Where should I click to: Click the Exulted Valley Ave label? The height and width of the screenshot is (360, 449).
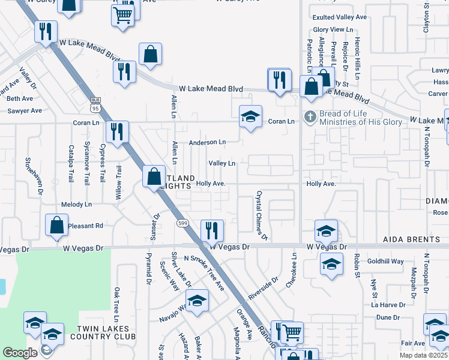coord(340,17)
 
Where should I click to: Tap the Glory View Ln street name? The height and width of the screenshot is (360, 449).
coord(333,29)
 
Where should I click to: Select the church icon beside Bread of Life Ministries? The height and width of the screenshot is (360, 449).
coord(310,116)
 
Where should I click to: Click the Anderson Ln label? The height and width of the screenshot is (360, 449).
coord(207,143)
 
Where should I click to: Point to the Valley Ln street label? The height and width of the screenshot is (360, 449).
coord(221,163)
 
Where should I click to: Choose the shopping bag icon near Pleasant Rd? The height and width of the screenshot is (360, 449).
coord(56,226)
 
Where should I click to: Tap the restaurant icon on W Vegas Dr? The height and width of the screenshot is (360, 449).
coord(211,230)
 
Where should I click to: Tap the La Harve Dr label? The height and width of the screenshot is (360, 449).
coord(389,305)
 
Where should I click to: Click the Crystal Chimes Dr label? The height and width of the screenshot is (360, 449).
coord(261,213)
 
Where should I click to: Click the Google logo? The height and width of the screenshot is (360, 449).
coord(20,353)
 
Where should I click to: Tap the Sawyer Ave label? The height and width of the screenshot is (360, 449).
coord(25,111)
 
